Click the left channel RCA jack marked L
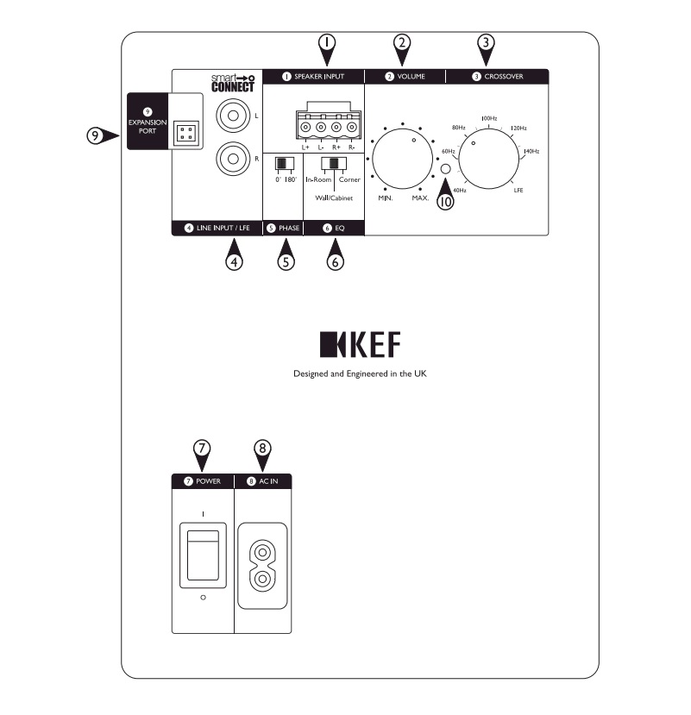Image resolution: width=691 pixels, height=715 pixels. [232, 114]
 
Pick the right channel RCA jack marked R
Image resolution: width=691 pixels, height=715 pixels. [232, 160]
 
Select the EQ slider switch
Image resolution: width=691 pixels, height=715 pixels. [337, 164]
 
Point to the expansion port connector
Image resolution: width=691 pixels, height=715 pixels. [184, 133]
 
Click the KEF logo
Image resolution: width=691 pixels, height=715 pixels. [360, 345]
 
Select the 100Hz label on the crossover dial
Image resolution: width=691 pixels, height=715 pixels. [488, 117]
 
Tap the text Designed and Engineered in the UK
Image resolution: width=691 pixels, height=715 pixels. [360, 375]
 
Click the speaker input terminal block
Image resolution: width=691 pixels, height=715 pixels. [327, 124]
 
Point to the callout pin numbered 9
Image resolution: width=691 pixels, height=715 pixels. [103, 136]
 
